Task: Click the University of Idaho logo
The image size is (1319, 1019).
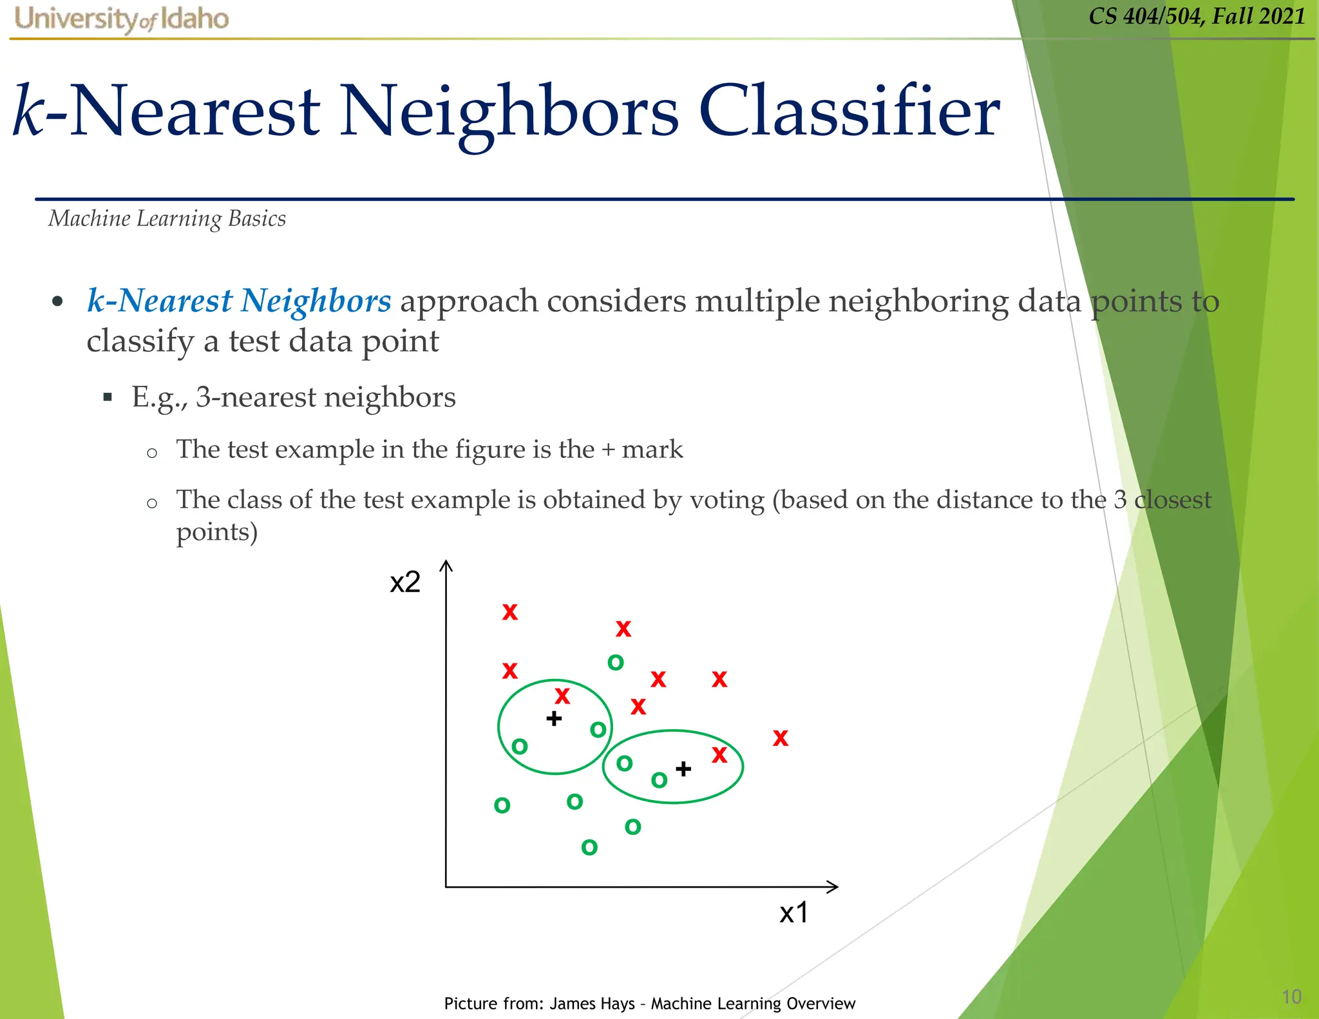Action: pyautogui.click(x=122, y=19)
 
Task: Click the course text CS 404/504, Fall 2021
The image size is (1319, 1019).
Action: pyautogui.click(x=1197, y=15)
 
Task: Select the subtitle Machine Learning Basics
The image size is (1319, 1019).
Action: pyautogui.click(x=167, y=219)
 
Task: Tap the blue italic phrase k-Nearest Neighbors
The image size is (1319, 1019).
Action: pyautogui.click(x=239, y=301)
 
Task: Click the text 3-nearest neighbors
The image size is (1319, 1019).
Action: pyautogui.click(x=326, y=397)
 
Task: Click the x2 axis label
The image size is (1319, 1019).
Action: pyautogui.click(x=405, y=582)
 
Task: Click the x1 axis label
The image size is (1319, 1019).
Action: pyautogui.click(x=793, y=913)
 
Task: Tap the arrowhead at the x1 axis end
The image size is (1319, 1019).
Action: pyautogui.click(x=833, y=887)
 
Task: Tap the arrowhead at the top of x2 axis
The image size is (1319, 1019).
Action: pyautogui.click(x=446, y=566)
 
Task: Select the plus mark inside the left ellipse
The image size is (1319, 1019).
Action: pyautogui.click(x=554, y=718)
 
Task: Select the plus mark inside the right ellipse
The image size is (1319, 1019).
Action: pyautogui.click(x=683, y=768)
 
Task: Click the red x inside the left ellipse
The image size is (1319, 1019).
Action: pyautogui.click(x=562, y=696)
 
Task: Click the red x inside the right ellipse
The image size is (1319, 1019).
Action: pyautogui.click(x=719, y=754)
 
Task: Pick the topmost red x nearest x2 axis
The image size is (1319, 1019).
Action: pyautogui.click(x=510, y=612)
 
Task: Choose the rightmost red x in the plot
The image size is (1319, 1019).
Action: pyautogui.click(x=781, y=738)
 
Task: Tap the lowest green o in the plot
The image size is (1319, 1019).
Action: pyautogui.click(x=589, y=847)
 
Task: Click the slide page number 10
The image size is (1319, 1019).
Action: pyautogui.click(x=1291, y=996)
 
